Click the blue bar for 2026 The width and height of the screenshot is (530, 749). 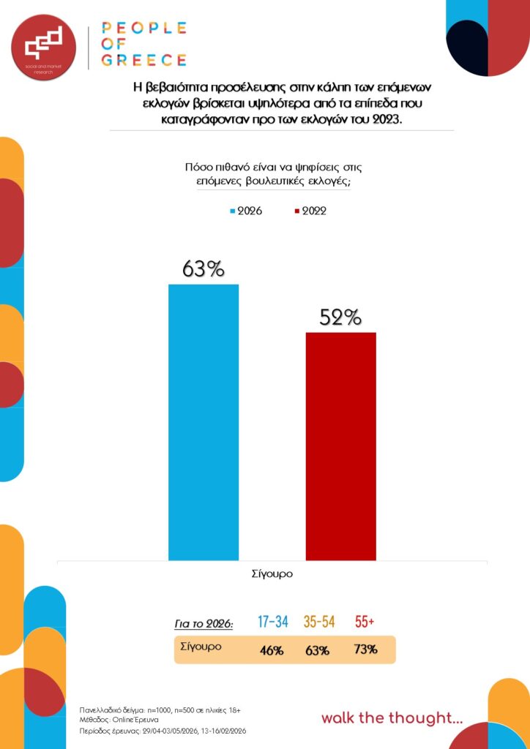[x=204, y=422]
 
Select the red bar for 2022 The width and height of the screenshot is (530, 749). [x=340, y=446]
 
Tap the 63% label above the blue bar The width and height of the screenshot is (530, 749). [x=204, y=269]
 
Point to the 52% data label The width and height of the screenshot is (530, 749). [x=340, y=317]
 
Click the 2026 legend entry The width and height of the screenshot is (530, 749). [x=245, y=211]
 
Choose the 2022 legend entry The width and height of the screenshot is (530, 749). [x=310, y=211]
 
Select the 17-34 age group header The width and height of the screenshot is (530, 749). [x=273, y=622]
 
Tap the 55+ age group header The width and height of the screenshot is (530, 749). [x=365, y=622]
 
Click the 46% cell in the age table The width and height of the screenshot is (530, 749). [x=272, y=650]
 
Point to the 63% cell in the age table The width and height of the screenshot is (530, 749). [x=318, y=650]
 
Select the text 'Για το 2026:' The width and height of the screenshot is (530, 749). [x=204, y=624]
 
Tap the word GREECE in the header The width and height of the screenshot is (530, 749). [x=144, y=60]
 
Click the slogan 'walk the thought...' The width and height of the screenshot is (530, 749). [x=392, y=718]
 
